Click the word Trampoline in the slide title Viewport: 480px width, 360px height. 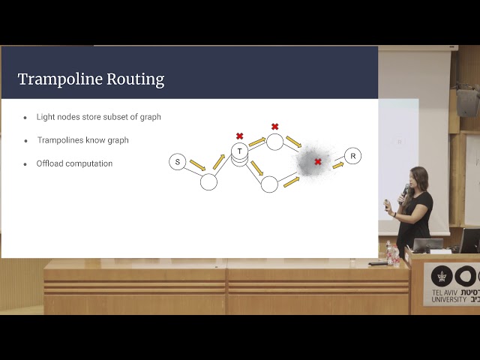click(x=55, y=79)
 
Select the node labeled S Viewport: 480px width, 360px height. click(x=178, y=162)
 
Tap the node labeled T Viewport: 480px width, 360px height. click(x=239, y=151)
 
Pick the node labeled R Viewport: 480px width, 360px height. click(x=353, y=156)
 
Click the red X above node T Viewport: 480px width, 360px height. click(x=240, y=136)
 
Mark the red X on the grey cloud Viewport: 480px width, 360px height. click(x=318, y=161)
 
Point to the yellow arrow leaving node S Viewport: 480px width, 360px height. click(x=196, y=164)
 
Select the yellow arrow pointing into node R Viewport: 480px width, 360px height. click(x=338, y=164)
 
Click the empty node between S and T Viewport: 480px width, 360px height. click(x=208, y=181)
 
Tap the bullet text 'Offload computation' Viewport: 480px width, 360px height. click(x=75, y=163)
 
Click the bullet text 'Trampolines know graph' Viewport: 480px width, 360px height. click(x=83, y=140)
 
